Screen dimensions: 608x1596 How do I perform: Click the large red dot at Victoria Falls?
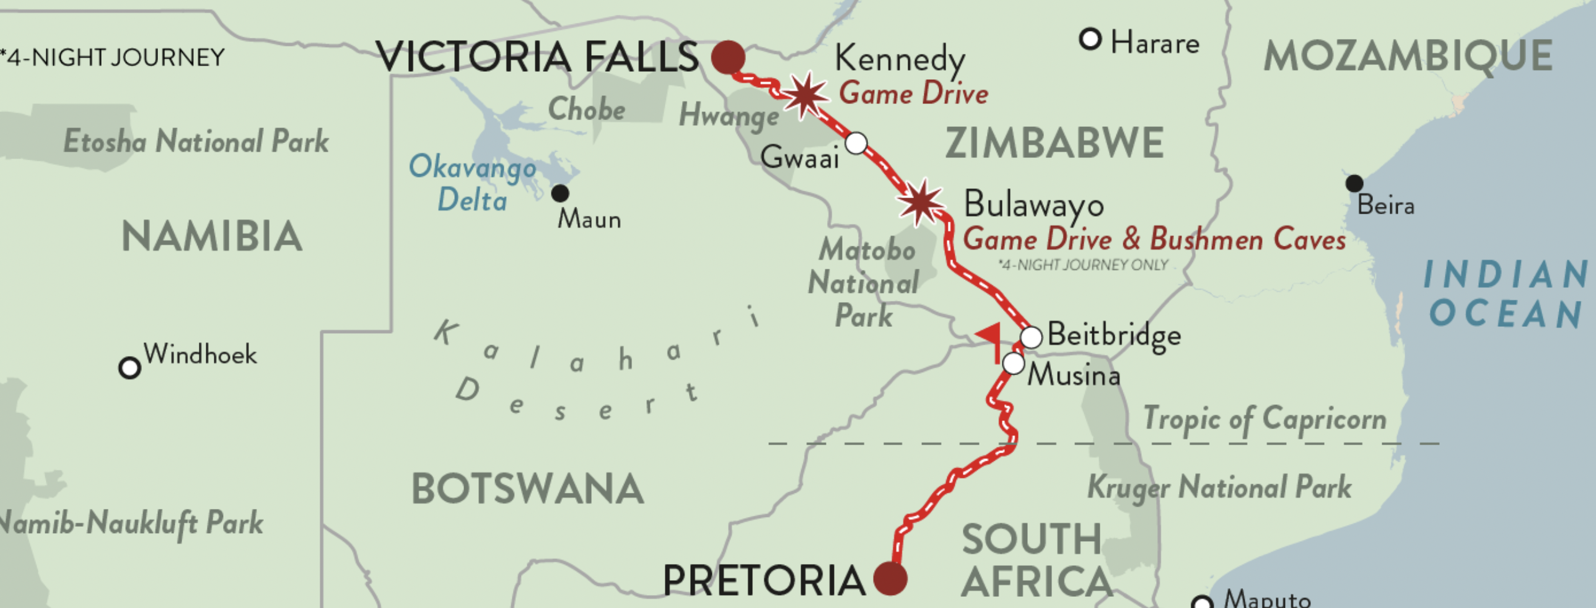pos(728,58)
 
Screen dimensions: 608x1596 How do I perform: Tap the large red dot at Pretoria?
pos(890,579)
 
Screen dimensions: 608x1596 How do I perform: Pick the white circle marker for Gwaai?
pos(856,143)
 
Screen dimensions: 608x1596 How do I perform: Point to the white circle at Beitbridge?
pos(1031,337)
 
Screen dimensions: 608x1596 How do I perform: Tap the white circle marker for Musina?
pos(1014,363)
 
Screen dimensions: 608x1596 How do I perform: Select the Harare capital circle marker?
pos(1090,40)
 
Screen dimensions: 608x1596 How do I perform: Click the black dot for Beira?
pos(1354,183)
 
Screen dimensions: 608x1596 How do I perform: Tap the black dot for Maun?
pos(560,193)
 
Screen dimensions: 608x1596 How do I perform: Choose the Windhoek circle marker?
pos(129,368)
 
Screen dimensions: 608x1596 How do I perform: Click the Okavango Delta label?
pos(472,183)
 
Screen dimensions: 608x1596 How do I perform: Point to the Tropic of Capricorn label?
pos(1264,420)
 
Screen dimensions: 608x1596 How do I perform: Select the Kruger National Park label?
pos(1219,487)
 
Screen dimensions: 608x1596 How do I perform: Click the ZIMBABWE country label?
pos(1054,143)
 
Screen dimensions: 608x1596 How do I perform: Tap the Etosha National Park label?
pos(196,141)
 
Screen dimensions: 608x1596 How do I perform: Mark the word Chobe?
pos(586,110)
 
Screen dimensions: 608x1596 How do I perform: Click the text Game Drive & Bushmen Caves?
pos(1154,240)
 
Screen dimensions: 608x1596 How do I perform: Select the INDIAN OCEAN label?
pos(1506,294)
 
